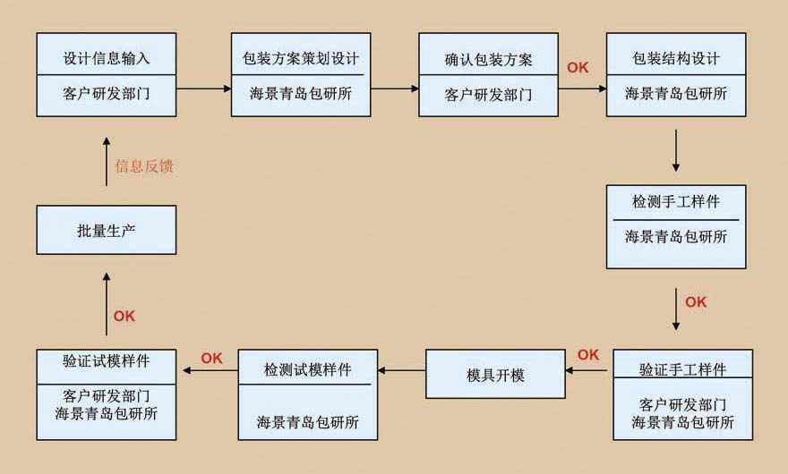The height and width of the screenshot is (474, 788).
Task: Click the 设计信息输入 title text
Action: tap(107, 59)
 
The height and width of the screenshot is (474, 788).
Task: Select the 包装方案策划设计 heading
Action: tap(301, 59)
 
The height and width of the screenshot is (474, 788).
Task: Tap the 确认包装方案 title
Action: tap(488, 59)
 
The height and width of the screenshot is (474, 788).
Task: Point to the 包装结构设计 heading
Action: tap(676, 59)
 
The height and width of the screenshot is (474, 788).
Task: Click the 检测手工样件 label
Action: tap(676, 202)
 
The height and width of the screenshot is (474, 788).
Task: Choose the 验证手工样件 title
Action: tap(682, 369)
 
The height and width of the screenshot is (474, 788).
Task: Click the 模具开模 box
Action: tap(495, 375)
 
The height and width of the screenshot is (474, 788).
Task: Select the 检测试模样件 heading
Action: tap(307, 369)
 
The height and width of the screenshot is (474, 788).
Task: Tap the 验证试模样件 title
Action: tap(107, 362)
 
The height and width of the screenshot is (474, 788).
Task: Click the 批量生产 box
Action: tap(107, 230)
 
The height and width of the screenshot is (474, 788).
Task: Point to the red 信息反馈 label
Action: tap(144, 165)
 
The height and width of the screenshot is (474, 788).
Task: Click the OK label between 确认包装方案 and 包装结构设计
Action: tap(578, 67)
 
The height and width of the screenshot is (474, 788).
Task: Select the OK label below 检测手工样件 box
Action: tap(696, 302)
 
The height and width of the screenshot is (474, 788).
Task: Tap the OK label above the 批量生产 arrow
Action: tap(124, 316)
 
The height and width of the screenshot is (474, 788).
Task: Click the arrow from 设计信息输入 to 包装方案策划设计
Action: tap(203, 89)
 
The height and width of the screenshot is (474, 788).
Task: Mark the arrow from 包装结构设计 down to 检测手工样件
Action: tap(676, 150)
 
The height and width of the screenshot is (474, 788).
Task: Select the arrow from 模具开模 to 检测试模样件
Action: tap(401, 369)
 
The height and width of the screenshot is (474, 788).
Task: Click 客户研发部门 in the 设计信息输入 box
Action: tap(107, 94)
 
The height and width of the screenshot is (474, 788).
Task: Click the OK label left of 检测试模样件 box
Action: tap(211, 359)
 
